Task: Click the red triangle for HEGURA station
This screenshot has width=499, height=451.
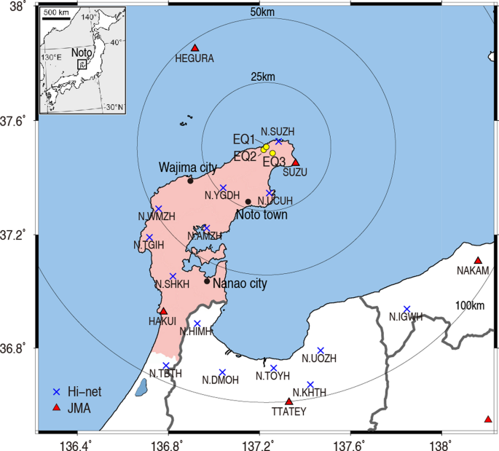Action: [x=195, y=48]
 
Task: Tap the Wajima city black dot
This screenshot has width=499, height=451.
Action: [x=190, y=180]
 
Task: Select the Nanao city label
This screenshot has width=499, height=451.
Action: [x=240, y=284]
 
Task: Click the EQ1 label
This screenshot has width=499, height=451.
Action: [x=244, y=139]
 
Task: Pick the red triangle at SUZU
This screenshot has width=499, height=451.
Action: [x=295, y=162]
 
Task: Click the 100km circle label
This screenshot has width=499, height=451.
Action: [x=470, y=305]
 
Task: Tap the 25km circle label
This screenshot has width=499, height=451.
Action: [x=263, y=77]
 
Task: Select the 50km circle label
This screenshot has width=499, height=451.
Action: [x=262, y=12]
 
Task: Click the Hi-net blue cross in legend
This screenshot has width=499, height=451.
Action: [x=59, y=392]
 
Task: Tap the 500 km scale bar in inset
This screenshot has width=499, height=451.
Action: [x=55, y=19]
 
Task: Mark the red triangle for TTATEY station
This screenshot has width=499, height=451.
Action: [x=288, y=401]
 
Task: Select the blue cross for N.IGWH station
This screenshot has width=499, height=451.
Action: [x=406, y=309]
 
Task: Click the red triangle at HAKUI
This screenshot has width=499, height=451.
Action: [x=163, y=311]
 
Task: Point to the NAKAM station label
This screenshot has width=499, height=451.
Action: [x=473, y=271]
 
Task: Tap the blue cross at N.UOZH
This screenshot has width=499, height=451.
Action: [x=321, y=350]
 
